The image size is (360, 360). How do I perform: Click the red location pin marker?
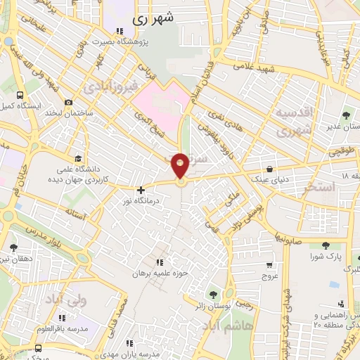tap(181, 166)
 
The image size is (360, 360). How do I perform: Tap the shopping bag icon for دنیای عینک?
tap(270, 168)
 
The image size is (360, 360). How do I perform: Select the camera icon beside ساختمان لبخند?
tap(68, 102)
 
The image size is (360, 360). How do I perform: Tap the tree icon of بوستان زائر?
tap(213, 295)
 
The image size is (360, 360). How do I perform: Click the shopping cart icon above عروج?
tap(269, 265)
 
